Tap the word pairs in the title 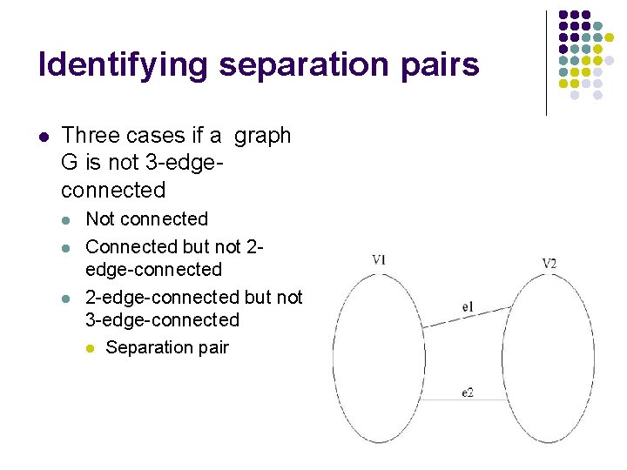(441, 65)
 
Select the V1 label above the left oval (379, 259)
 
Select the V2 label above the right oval (549, 263)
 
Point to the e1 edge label (468, 306)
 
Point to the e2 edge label (468, 393)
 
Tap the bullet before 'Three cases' (44, 137)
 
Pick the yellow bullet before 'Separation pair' (90, 348)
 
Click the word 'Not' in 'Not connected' (101, 218)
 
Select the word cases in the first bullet (155, 136)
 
